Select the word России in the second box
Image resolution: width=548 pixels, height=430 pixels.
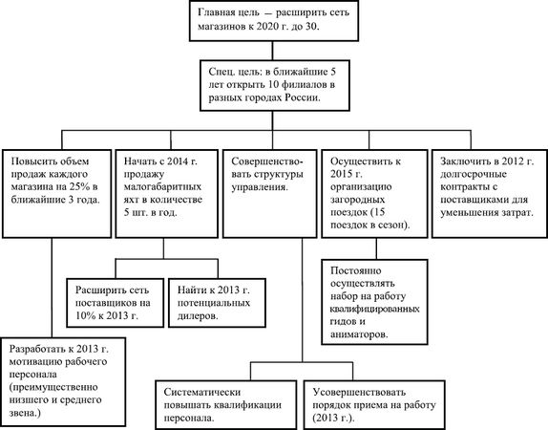point(302,97)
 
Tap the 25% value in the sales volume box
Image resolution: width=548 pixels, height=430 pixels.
point(80,186)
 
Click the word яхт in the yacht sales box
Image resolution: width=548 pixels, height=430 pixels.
point(132,200)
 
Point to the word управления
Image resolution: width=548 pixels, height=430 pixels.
point(260,187)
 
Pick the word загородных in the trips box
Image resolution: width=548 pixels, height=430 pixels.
point(357,200)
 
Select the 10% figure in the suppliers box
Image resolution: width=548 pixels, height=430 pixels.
point(86,315)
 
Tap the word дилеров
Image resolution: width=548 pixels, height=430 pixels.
point(198,315)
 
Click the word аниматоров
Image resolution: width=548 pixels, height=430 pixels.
point(359,334)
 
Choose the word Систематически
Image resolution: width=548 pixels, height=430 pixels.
point(202,392)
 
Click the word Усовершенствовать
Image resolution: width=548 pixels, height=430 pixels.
point(359,392)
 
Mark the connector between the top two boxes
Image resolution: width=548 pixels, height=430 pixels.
point(273,51)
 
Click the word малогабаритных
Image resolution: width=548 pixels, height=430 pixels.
point(162,187)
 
